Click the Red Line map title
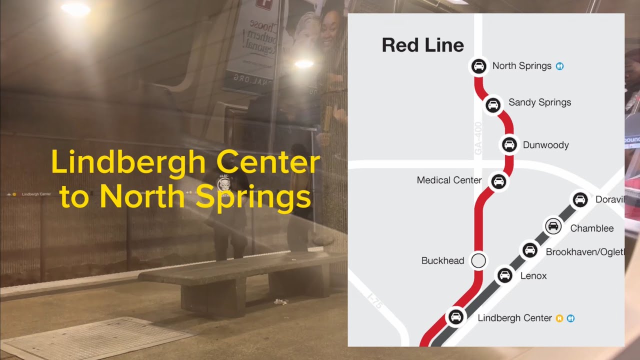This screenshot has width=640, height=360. [x=422, y=45]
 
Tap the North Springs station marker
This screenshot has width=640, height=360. [x=478, y=66]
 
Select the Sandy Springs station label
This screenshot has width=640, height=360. [x=539, y=102]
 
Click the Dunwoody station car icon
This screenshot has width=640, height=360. [x=509, y=144]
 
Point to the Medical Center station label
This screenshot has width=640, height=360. [x=449, y=180]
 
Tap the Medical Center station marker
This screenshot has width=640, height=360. [x=498, y=181]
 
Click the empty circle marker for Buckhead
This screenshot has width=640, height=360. [x=478, y=260]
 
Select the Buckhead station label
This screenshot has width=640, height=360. [x=442, y=261]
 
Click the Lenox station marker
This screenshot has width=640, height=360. [x=504, y=275]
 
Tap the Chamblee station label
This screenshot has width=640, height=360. [x=591, y=228]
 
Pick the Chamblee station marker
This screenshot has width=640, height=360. [x=553, y=226]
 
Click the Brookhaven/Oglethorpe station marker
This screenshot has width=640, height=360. [x=529, y=250]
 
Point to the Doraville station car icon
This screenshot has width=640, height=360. [x=579, y=200]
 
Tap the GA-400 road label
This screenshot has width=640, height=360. [x=478, y=138]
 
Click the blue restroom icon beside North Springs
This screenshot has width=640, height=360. [x=560, y=66]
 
